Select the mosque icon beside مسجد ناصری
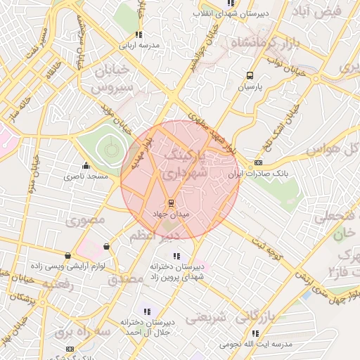(86, 166)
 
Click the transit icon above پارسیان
(250, 76)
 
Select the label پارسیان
(250, 87)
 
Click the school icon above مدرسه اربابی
(139, 34)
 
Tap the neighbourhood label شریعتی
(209, 319)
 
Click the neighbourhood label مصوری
(85, 221)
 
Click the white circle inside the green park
(109, 148)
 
